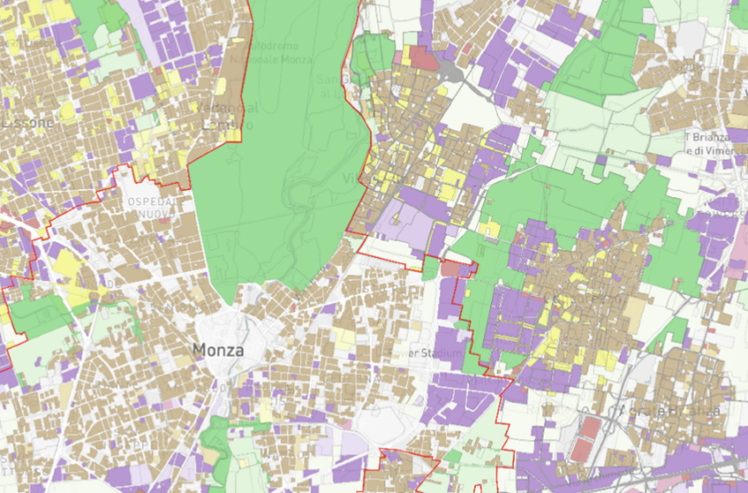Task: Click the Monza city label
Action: pyautogui.click(x=217, y=350)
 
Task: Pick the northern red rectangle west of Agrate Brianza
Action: pyautogui.click(x=590, y=430)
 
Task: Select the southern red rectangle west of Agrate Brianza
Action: pyautogui.click(x=584, y=450)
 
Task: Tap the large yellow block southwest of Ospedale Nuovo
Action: pyautogui.click(x=70, y=263)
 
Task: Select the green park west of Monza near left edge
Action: pyautogui.click(x=40, y=313)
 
